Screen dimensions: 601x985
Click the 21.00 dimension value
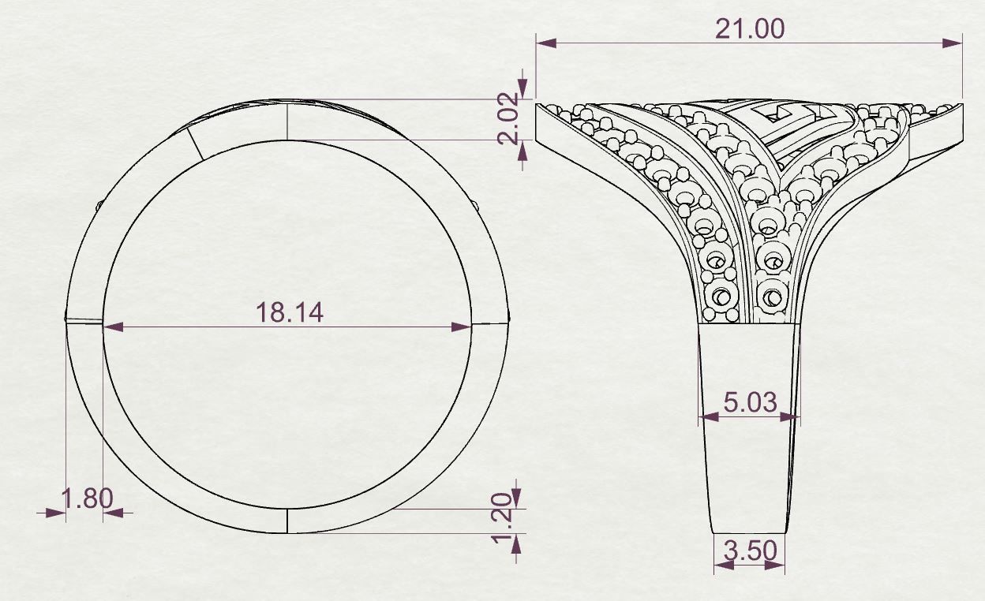[749, 28]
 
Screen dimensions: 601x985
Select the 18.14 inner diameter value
[289, 312]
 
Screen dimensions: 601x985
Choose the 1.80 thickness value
[87, 498]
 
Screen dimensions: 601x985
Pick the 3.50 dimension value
[750, 550]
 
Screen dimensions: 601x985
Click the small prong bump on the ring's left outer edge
[98, 205]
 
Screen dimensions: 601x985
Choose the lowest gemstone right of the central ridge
[772, 297]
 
